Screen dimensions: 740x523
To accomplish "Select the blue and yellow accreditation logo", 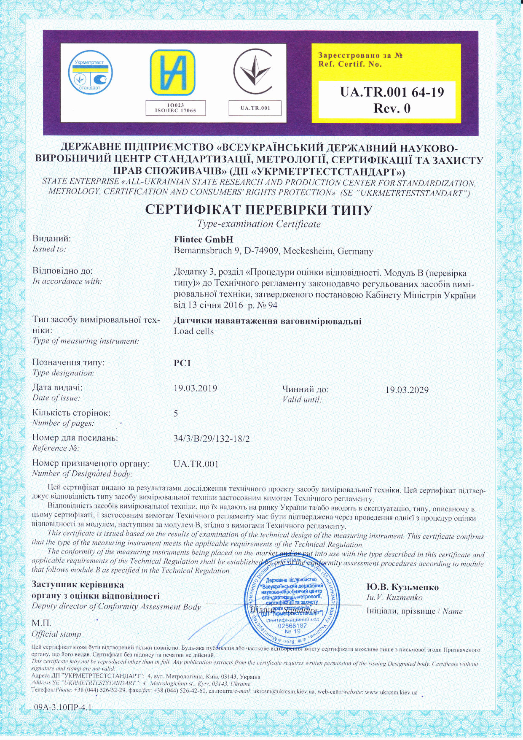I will (x=173, y=73).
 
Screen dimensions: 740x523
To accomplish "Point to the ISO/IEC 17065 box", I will (x=176, y=108).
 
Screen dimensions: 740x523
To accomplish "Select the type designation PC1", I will (x=182, y=363).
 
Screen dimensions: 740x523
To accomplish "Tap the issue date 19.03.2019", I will (x=196, y=388).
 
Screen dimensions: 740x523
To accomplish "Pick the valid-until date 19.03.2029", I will (x=407, y=390).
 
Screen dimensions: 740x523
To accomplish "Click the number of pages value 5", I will (x=176, y=413).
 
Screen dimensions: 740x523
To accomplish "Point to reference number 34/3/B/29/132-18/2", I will (x=212, y=439).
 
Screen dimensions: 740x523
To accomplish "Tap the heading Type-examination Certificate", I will (x=259, y=224).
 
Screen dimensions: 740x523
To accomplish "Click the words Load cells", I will (x=193, y=331).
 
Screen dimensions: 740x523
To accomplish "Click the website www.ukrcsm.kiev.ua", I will (x=390, y=692).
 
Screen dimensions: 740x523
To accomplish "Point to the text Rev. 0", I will (x=392, y=108).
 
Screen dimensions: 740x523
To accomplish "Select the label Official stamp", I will (x=56, y=634).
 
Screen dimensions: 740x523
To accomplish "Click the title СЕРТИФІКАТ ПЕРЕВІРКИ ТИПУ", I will (x=259, y=210).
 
